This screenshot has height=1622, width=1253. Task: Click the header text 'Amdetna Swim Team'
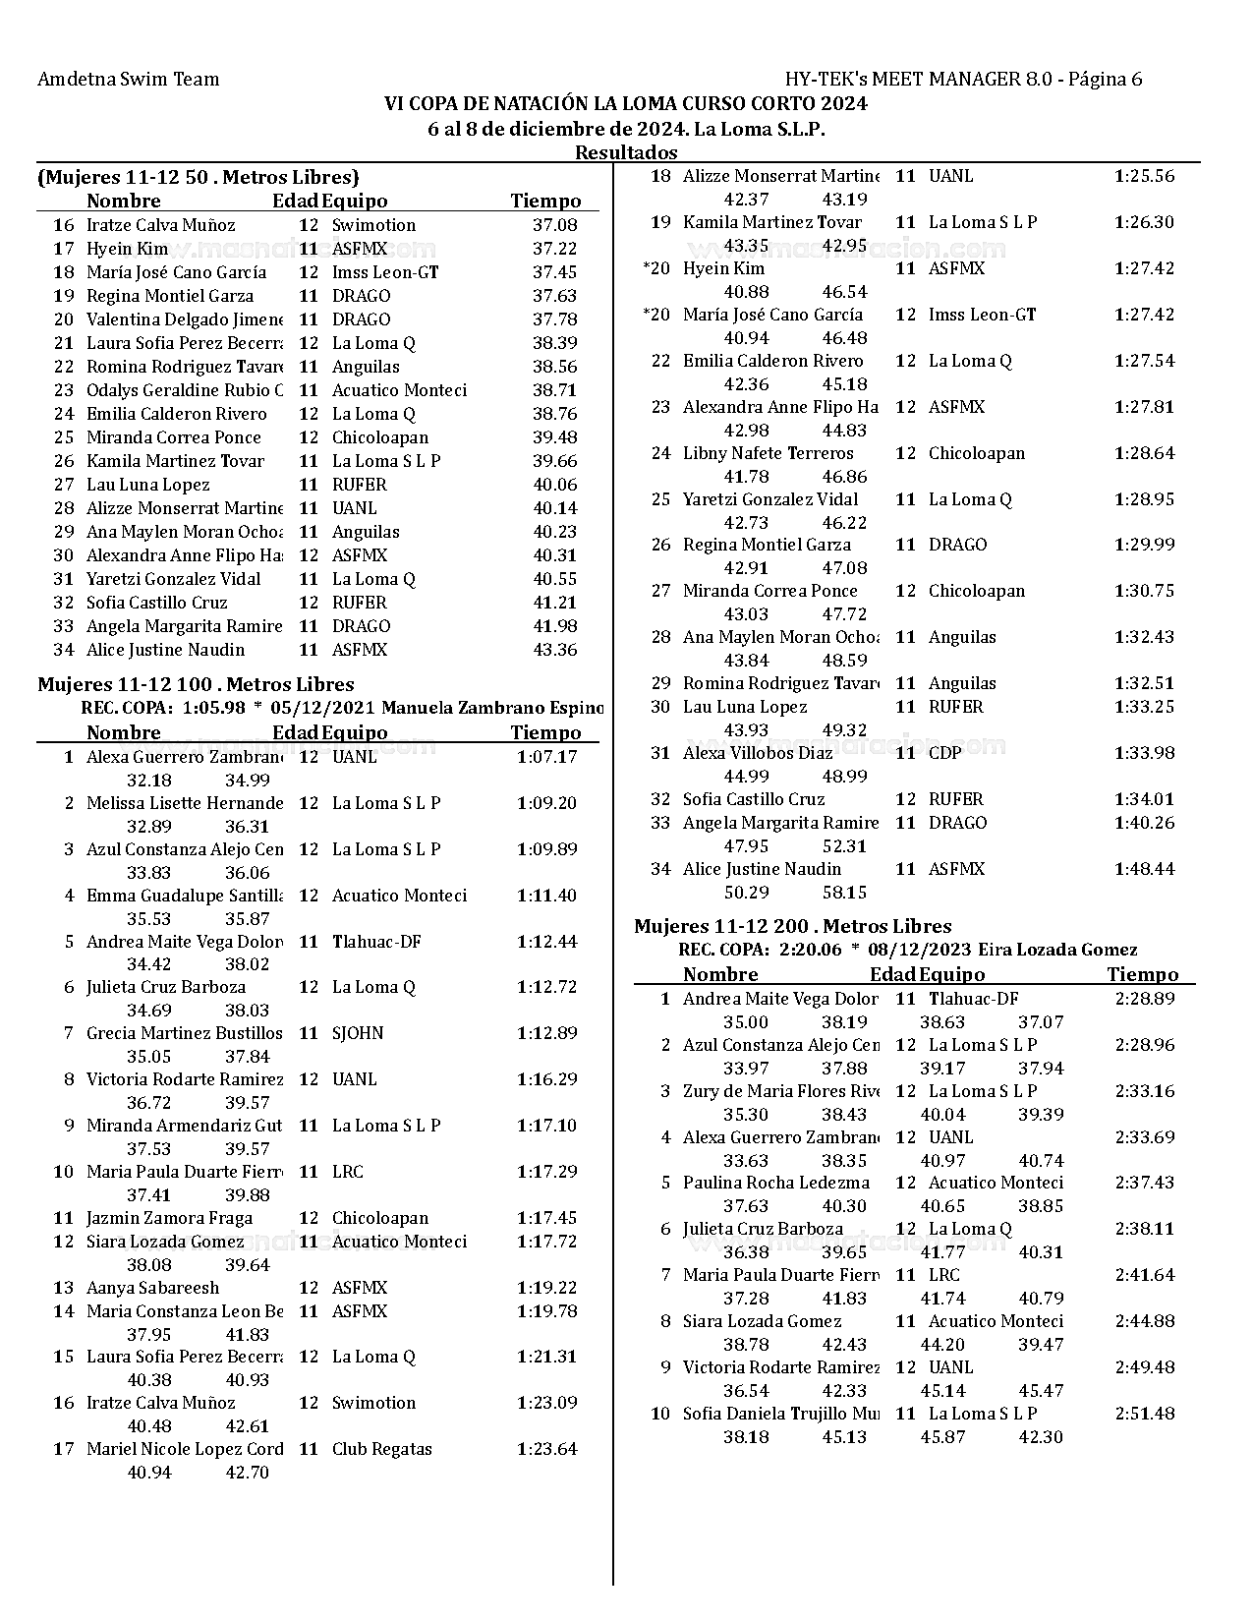click(128, 80)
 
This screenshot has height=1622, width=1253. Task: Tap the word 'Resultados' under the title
click(626, 152)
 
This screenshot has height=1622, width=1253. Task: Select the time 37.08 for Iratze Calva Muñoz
click(554, 225)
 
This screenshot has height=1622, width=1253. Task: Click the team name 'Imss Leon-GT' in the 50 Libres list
click(384, 272)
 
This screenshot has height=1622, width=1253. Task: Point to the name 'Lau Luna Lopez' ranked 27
click(147, 485)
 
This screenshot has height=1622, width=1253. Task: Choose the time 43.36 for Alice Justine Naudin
click(554, 650)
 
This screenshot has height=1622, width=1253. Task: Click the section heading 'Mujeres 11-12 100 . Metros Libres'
click(196, 684)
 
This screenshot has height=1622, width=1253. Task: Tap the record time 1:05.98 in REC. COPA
click(213, 708)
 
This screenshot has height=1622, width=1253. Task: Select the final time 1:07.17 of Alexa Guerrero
click(546, 757)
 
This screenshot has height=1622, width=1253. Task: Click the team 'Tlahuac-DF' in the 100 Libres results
click(376, 942)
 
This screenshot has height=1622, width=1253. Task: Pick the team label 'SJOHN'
click(358, 1033)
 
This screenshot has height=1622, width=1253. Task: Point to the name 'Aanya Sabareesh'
click(152, 1288)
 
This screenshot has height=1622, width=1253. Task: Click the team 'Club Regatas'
click(381, 1449)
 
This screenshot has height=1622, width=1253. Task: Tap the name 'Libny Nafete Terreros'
click(768, 453)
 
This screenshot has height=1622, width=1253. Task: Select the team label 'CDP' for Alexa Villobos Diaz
click(944, 753)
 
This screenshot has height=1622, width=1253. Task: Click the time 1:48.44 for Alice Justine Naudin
click(1144, 869)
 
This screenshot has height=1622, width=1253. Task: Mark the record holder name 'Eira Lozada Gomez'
click(1057, 950)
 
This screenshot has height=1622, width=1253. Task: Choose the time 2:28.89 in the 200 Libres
click(1144, 999)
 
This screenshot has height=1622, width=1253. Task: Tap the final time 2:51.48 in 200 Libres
click(1144, 1414)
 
